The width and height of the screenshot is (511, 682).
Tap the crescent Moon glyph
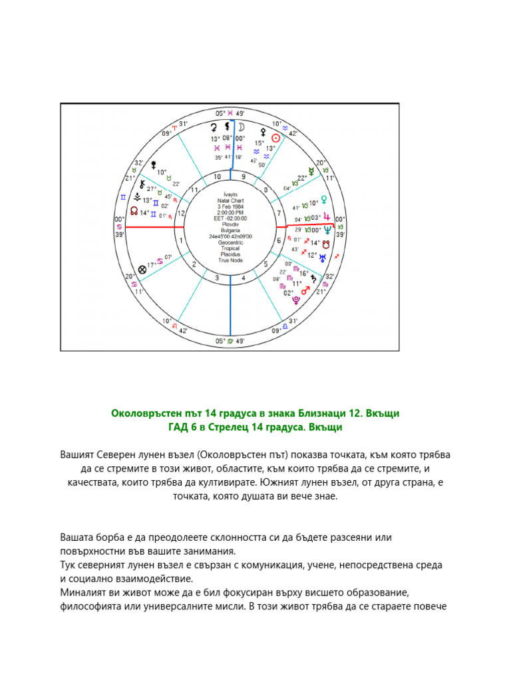pyautogui.click(x=242, y=127)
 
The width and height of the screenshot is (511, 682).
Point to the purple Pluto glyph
pyautogui.click(x=296, y=300)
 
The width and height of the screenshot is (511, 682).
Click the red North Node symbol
pyautogui.click(x=134, y=212)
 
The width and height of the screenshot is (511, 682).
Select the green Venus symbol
pyautogui.click(x=324, y=199)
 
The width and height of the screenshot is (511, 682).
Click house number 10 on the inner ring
pyautogui.click(x=217, y=176)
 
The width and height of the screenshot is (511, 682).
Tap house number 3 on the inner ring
pyautogui.click(x=217, y=278)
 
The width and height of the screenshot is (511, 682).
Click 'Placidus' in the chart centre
pyautogui.click(x=230, y=254)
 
